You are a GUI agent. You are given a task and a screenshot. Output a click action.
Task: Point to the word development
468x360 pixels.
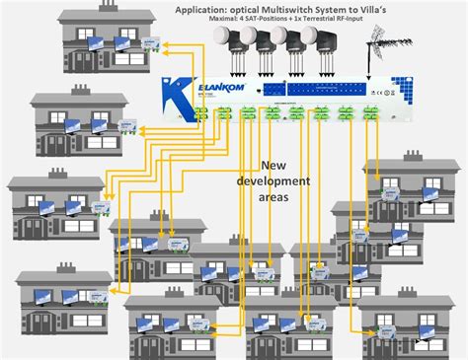(x=288, y=182)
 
